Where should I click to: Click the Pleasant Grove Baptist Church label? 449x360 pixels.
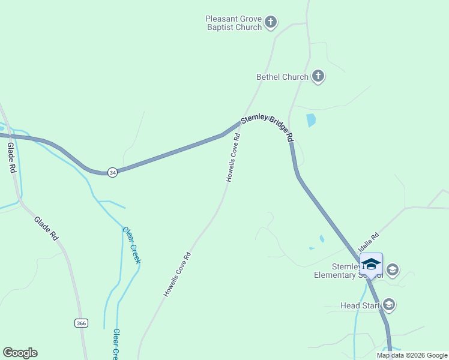pyautogui.click(x=234, y=23)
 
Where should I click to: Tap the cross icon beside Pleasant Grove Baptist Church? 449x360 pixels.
pyautogui.click(x=270, y=23)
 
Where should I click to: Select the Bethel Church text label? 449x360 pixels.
pyautogui.click(x=282, y=77)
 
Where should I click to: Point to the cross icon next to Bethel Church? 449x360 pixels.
pyautogui.click(x=318, y=77)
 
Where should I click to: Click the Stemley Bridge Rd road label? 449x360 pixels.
pyautogui.click(x=267, y=128)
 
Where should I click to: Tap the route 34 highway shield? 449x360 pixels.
pyautogui.click(x=113, y=173)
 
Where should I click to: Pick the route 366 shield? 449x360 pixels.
pyautogui.click(x=82, y=323)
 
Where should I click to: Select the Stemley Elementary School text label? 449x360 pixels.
pyautogui.click(x=344, y=271)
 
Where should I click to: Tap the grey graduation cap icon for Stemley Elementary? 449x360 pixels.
pyautogui.click(x=393, y=269)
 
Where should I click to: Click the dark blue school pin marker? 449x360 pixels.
pyautogui.click(x=371, y=265)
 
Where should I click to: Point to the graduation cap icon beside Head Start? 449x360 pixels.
pyautogui.click(x=389, y=305)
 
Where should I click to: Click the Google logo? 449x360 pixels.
pyautogui.click(x=20, y=353)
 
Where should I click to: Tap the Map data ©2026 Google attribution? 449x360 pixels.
pyautogui.click(x=412, y=355)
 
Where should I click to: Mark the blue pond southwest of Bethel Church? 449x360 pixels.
pyautogui.click(x=310, y=120)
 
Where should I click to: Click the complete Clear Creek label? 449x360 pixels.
pyautogui.click(x=131, y=245)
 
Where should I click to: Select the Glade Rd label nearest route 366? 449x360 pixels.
pyautogui.click(x=46, y=229)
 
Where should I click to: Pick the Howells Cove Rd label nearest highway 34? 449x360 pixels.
pyautogui.click(x=233, y=157)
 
